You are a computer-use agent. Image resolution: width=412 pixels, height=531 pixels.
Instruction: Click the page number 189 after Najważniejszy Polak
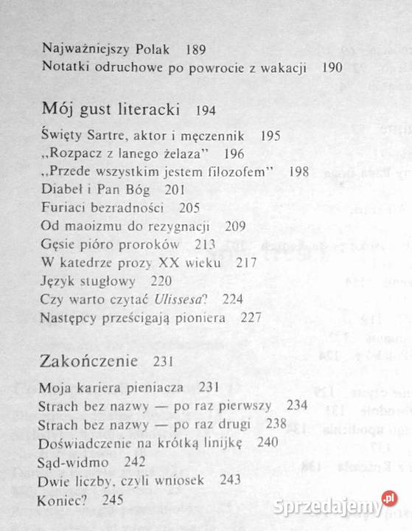coord(196,49)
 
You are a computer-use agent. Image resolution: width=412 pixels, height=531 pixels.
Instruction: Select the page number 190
coord(332,67)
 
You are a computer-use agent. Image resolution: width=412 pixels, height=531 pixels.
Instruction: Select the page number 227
coord(251,316)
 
